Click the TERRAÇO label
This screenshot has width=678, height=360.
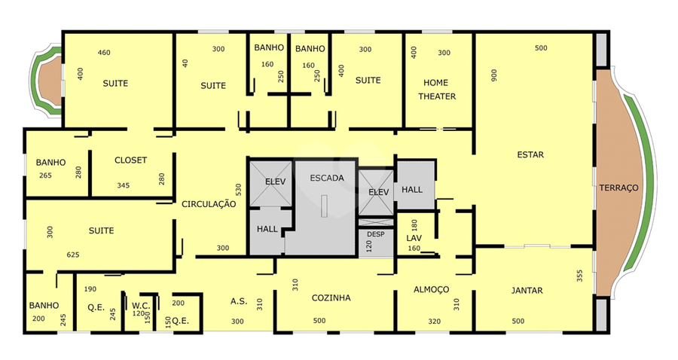pyautogui.click(x=618, y=188)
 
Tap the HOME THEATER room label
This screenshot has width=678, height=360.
pyautogui.click(x=437, y=90)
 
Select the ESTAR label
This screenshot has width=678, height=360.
pyautogui.click(x=530, y=154)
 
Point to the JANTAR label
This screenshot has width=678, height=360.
pyautogui.click(x=527, y=291)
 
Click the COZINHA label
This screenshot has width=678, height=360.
pyautogui.click(x=331, y=297)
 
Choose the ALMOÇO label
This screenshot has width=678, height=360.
pyautogui.click(x=431, y=289)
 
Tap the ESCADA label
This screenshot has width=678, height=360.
pyautogui.click(x=327, y=178)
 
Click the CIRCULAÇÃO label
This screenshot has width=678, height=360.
pyautogui.click(x=209, y=204)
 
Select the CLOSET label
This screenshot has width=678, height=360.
pyautogui.click(x=130, y=160)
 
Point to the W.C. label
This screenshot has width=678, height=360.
pyautogui.click(x=141, y=306)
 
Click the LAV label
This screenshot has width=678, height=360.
pyautogui.click(x=414, y=238)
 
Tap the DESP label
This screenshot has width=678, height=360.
pyautogui.click(x=375, y=234)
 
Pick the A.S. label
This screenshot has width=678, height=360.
pyautogui.click(x=239, y=301)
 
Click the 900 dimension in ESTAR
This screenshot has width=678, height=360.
pyautogui.click(x=494, y=75)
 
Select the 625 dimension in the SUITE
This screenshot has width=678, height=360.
pyautogui.click(x=73, y=255)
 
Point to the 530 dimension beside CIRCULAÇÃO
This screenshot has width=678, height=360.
pyautogui.click(x=239, y=190)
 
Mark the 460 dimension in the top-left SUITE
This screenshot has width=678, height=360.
pyautogui.click(x=104, y=53)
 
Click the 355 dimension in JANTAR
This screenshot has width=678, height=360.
pyautogui.click(x=580, y=276)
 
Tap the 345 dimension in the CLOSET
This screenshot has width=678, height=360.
pyautogui.click(x=124, y=185)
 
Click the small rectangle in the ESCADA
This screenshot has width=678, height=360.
pyautogui.click(x=324, y=206)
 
